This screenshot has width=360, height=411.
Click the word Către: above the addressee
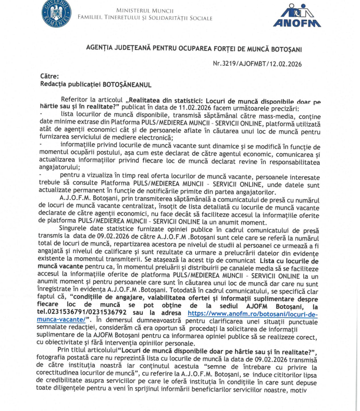49,76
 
